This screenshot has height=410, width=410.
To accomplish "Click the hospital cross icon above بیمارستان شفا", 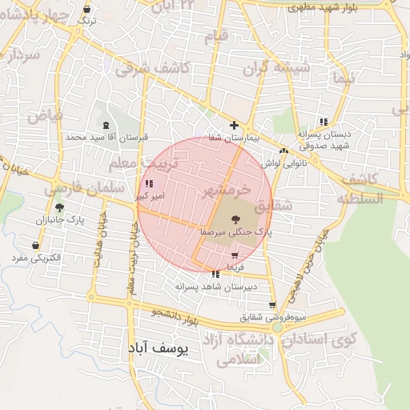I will (x=234, y=125).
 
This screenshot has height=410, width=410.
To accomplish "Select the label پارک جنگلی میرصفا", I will (x=236, y=231).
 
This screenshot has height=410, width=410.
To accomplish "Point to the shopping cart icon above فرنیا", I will (x=234, y=255).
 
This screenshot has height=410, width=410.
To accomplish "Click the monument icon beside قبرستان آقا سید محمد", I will (x=107, y=125).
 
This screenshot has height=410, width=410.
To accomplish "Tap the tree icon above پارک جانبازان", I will (x=59, y=207).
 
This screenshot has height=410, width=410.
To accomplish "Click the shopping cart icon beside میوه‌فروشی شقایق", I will (x=273, y=305).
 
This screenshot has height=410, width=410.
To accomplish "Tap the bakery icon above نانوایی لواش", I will (x=283, y=151).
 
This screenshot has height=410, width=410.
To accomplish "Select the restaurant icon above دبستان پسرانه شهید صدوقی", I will (x=323, y=122).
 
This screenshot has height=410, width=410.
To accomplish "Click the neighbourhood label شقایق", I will (x=278, y=206).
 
